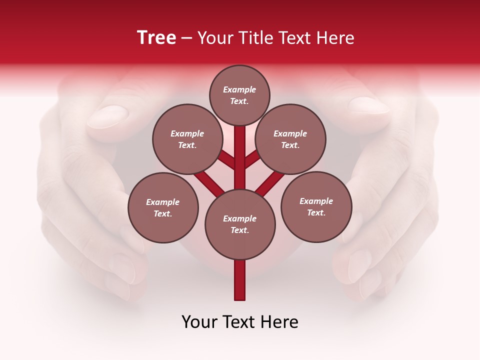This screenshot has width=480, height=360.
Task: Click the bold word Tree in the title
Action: (156, 37)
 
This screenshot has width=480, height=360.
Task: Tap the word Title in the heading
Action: (255, 37)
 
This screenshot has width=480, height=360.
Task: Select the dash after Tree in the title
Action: (186, 38)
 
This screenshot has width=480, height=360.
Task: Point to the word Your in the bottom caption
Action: (199, 321)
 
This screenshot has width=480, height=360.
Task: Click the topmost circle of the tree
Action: (239, 95)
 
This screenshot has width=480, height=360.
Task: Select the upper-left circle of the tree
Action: (187, 139)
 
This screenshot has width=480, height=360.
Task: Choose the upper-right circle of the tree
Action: (290, 139)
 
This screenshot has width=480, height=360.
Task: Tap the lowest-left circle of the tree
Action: (163, 207)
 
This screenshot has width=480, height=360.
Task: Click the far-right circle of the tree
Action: (316, 206)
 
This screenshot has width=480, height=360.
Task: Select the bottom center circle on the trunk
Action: (240, 224)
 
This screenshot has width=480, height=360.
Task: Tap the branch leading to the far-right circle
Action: (270, 183)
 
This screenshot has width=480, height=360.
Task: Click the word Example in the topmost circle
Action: (239, 89)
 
